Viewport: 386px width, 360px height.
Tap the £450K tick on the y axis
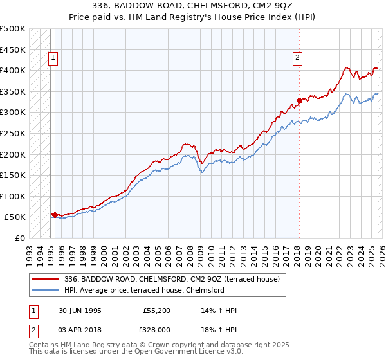click(x=13, y=50)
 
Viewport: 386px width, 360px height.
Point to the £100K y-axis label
click(x=13, y=196)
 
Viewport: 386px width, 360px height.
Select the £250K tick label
click(x=13, y=133)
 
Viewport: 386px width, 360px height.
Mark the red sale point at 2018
click(x=299, y=100)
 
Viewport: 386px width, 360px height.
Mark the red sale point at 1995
click(x=55, y=215)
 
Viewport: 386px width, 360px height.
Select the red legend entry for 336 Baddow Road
click(x=172, y=280)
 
